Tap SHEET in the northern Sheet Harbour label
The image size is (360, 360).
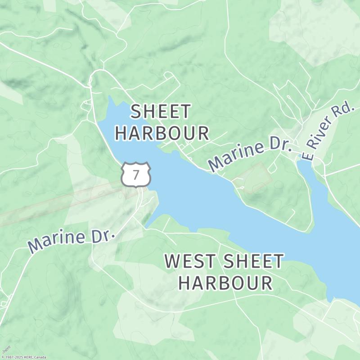[161, 112]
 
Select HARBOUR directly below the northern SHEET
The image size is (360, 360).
[162, 133]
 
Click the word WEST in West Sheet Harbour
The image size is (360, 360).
[191, 261]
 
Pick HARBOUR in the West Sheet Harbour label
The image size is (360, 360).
[225, 283]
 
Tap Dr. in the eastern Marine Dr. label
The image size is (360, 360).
[281, 145]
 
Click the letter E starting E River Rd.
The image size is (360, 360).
[307, 155]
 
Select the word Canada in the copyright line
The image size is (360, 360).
[40, 357]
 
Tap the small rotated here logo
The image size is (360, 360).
[6, 349]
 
